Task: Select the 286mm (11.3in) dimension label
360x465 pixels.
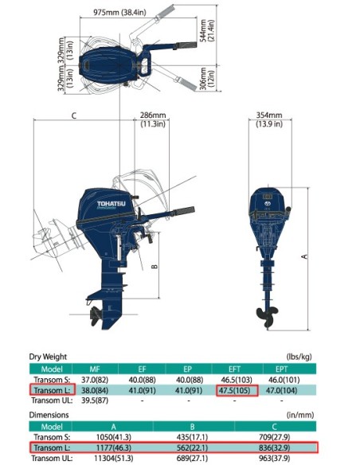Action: [152, 119]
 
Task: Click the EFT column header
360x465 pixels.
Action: [236, 369]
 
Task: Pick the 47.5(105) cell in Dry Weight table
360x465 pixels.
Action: [236, 390]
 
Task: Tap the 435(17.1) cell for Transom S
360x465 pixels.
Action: [205, 437]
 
